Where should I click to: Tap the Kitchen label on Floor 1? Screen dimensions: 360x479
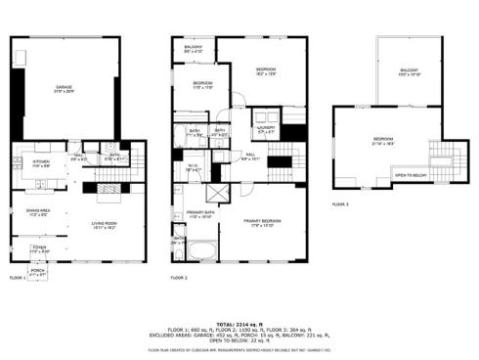coord(41,162)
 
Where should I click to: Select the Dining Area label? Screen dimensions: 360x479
coord(39,211)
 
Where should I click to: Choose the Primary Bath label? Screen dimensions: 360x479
coord(200,214)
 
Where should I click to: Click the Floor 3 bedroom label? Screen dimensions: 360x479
coord(382,141)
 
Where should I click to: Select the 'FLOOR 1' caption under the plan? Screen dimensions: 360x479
coord(19,279)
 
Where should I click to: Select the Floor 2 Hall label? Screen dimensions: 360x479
coord(251,155)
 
